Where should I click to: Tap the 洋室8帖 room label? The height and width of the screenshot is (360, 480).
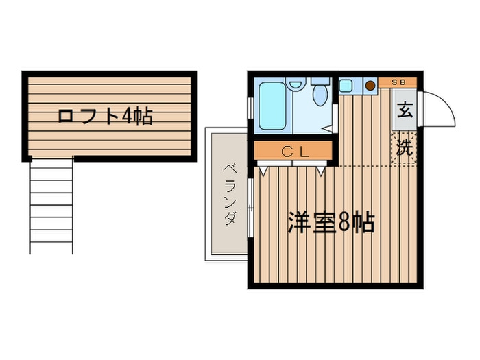331,223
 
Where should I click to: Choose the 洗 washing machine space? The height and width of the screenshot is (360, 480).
405,146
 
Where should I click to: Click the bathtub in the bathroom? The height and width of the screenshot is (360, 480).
272,107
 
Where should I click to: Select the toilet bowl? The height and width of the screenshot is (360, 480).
318,96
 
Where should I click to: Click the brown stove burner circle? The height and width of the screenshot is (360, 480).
370,86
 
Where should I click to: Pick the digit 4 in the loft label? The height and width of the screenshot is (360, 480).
128,116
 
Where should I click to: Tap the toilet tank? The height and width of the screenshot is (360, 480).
320,81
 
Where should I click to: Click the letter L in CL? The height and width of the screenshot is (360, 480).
304,152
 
